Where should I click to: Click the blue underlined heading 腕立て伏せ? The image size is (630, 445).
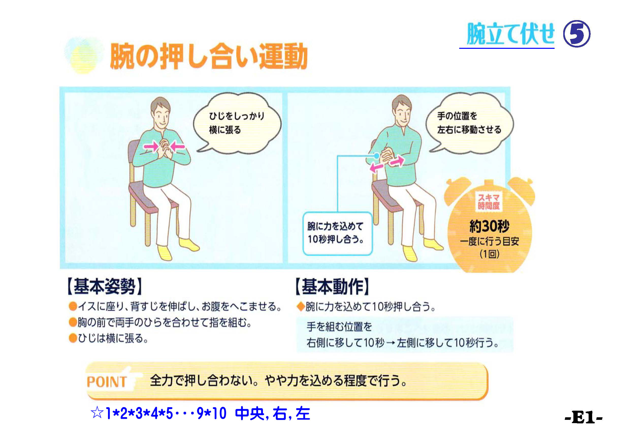[x=510, y=34]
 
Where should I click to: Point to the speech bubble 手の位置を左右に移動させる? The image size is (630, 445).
[x=470, y=123]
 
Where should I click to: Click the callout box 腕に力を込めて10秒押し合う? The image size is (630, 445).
[x=337, y=233]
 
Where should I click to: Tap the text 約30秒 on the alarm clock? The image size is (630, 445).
[x=489, y=226]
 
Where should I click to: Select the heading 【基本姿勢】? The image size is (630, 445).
[x=105, y=287]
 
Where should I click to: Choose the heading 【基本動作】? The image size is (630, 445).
[x=332, y=287]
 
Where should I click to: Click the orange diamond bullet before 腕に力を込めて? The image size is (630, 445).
[x=301, y=306]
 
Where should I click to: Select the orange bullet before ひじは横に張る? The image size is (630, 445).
[x=73, y=338]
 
